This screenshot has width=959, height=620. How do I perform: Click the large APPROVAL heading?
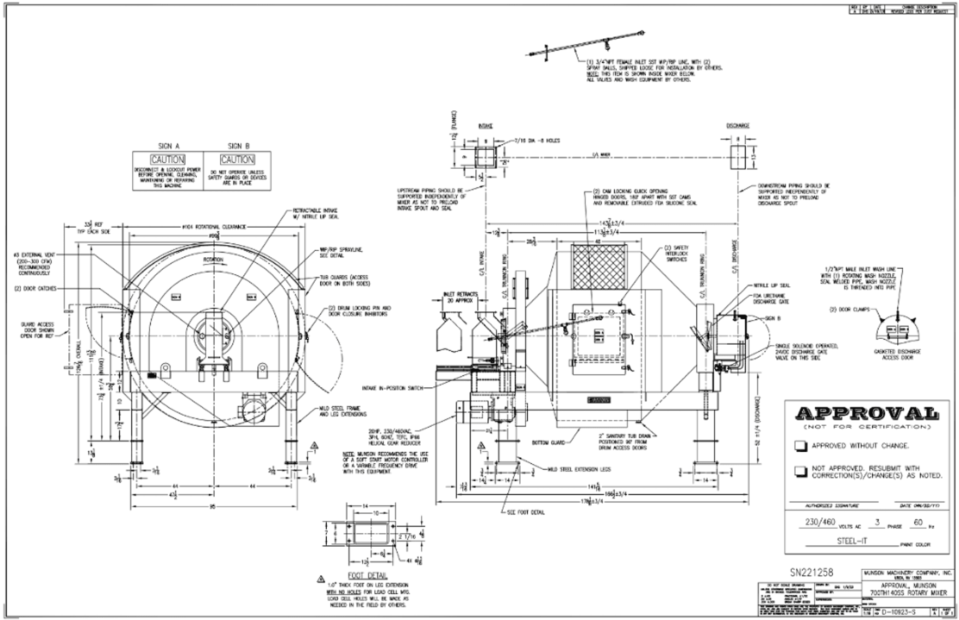point(867,414)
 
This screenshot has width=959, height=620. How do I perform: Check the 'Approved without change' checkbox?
point(801,446)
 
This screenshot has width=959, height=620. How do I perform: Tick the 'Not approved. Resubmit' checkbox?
point(801,471)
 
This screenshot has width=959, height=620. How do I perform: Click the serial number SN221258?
point(811,572)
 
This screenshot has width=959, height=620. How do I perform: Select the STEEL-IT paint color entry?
point(852,541)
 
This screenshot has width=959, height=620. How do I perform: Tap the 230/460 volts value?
point(820,522)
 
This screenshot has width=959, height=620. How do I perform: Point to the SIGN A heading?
point(169,146)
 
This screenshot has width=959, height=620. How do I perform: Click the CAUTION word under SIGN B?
point(237,160)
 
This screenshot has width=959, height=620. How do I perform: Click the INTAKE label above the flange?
point(485,126)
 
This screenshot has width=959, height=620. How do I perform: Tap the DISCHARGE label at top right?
point(738,126)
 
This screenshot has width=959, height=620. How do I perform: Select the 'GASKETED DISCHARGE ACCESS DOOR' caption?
point(898,354)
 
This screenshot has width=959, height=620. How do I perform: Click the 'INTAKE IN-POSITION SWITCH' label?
point(392,388)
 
